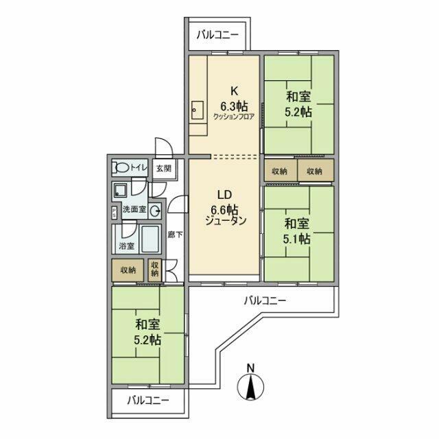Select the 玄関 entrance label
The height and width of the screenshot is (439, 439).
(x=163, y=168)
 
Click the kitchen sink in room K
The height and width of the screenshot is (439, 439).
(x=198, y=108)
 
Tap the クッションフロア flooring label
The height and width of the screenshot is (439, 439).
(x=234, y=117)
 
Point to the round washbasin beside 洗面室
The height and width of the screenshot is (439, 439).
(x=155, y=211)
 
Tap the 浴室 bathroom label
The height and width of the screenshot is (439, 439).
(x=126, y=246)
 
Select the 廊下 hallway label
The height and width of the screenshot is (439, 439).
(x=175, y=235)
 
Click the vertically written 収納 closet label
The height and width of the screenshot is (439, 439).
(x=155, y=269)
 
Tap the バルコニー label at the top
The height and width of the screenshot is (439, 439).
(x=218, y=34)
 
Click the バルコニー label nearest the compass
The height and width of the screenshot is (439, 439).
(x=264, y=300)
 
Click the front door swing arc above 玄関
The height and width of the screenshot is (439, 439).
(x=163, y=147)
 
